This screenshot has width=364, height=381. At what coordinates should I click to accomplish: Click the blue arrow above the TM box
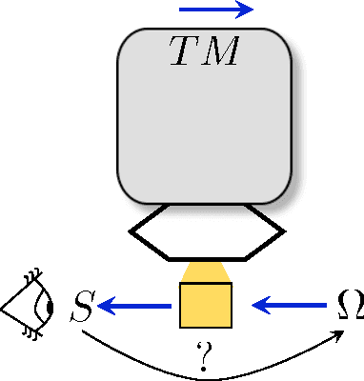point(215,10)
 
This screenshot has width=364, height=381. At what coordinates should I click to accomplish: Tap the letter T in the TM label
point(185,52)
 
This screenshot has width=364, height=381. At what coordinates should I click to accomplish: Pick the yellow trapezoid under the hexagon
point(206,272)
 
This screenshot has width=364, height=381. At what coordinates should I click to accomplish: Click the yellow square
point(206,305)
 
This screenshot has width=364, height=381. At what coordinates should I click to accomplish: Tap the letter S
point(82,308)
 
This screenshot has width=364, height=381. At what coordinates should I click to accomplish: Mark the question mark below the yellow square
point(201,358)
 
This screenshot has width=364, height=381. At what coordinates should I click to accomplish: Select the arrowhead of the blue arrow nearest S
point(107,306)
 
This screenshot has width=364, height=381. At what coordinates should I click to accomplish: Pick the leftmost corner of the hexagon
point(129,230)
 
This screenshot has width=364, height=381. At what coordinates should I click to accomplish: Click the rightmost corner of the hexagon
point(284,230)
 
